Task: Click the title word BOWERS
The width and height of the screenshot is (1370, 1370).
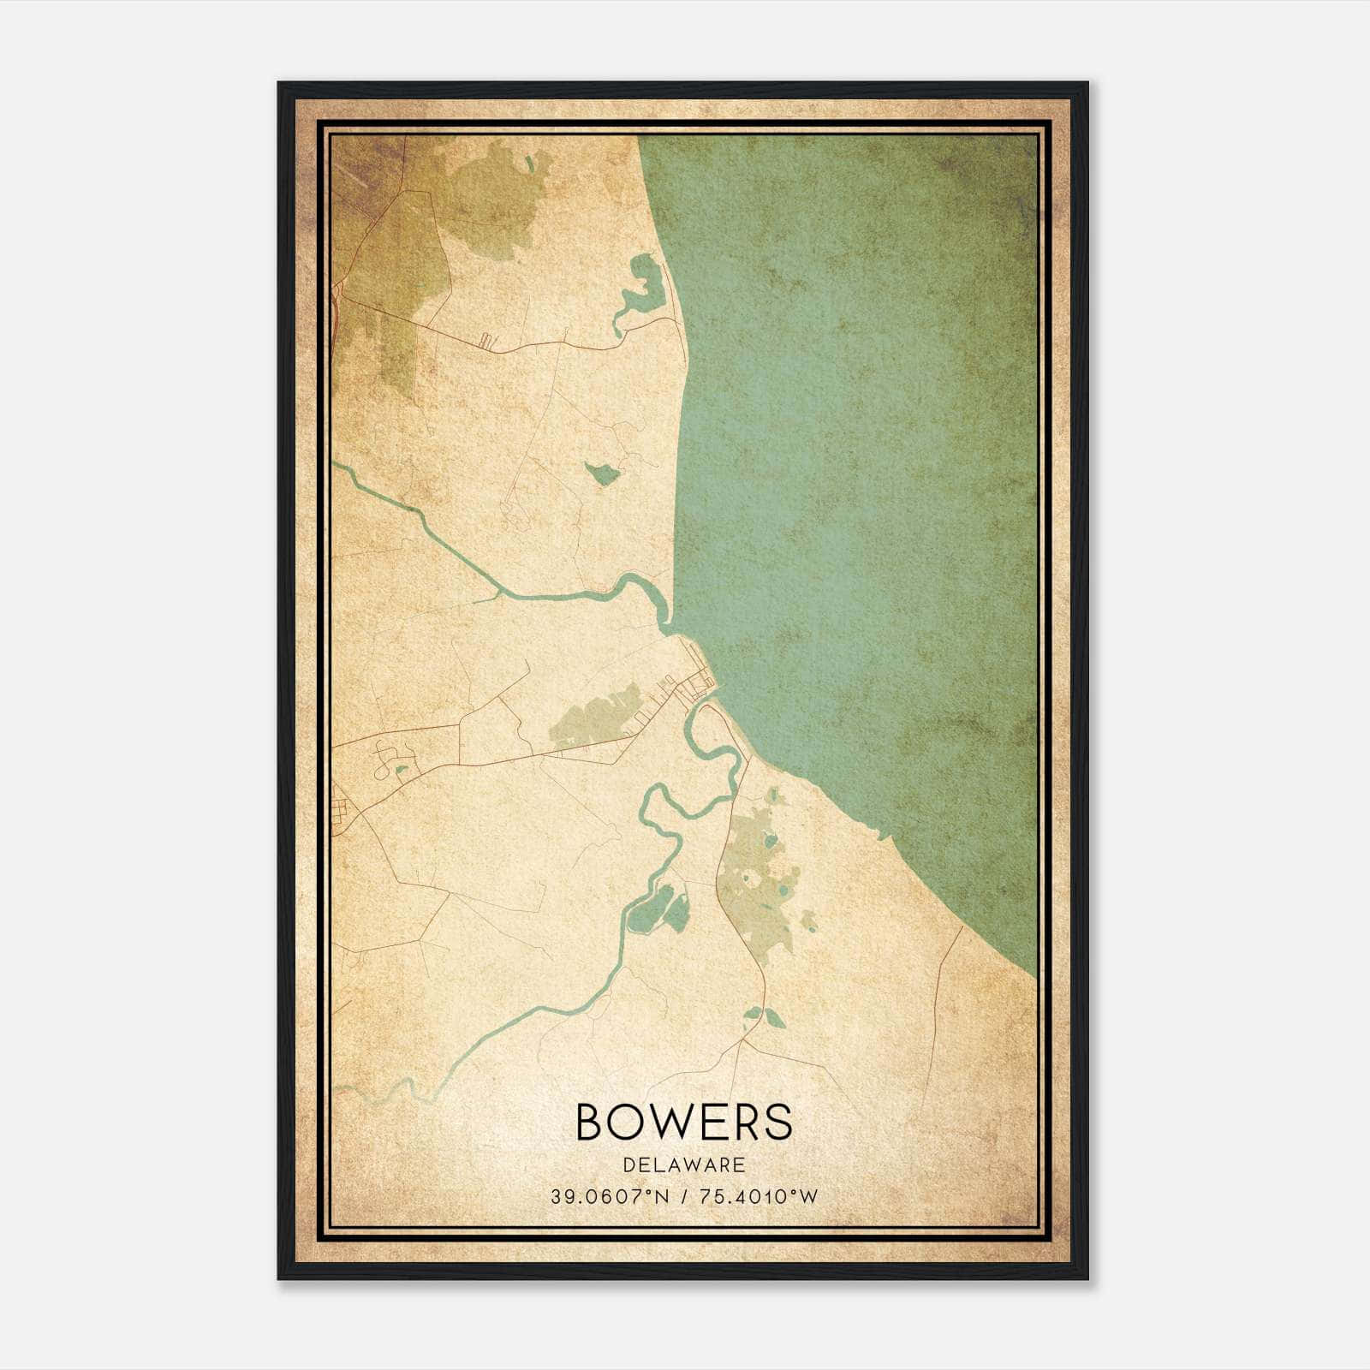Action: point(684,1122)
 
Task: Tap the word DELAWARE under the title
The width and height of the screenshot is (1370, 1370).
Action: point(684,1165)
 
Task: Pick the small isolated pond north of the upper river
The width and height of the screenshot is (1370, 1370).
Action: point(603,473)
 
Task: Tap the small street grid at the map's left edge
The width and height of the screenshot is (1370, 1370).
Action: point(342,813)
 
